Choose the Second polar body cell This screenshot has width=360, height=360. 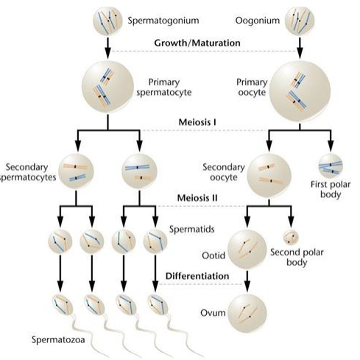[x=293, y=238]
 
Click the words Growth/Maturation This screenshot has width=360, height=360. [x=197, y=43]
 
